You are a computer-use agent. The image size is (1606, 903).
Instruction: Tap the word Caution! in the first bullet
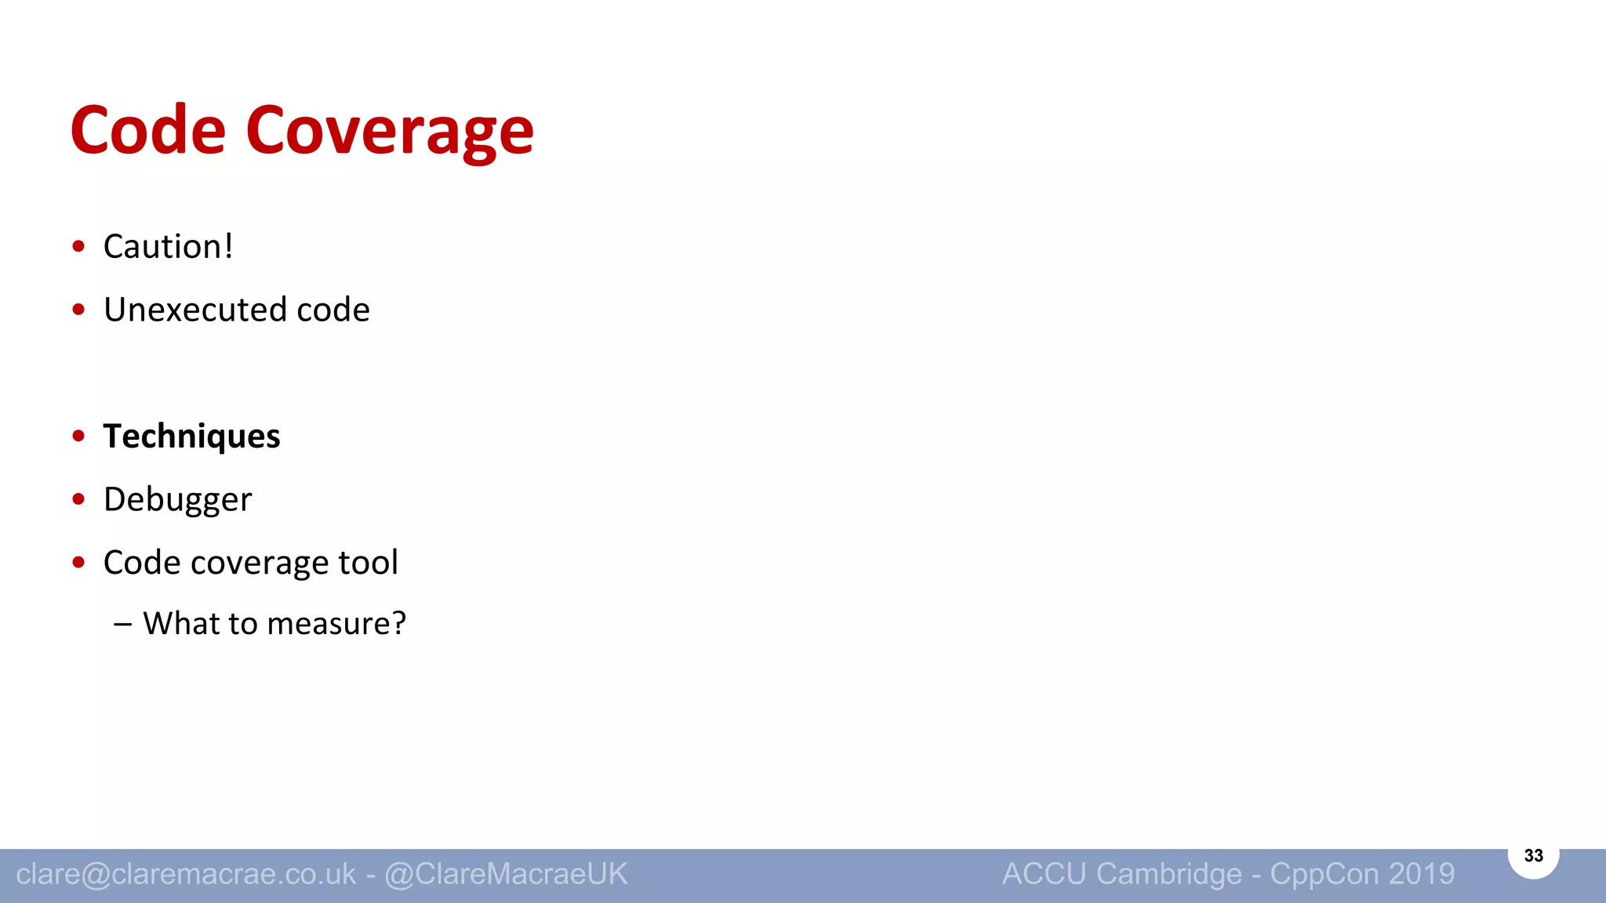click(x=168, y=247)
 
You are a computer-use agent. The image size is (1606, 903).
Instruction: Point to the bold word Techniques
click(x=191, y=437)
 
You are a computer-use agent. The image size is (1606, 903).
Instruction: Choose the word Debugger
click(x=177, y=500)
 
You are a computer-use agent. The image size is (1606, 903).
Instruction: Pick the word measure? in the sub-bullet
click(x=336, y=624)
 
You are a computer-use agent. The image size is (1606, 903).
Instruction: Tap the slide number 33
click(x=1533, y=855)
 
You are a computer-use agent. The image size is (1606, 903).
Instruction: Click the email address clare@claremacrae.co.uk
click(x=186, y=874)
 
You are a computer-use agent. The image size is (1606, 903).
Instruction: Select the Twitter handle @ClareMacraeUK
click(x=506, y=874)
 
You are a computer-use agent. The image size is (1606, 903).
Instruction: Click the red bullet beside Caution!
click(x=78, y=247)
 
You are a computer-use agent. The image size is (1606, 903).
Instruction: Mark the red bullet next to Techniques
click(x=78, y=436)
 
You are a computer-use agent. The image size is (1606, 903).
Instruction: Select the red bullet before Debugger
click(x=78, y=499)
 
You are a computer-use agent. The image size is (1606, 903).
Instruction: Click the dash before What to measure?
click(x=122, y=625)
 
